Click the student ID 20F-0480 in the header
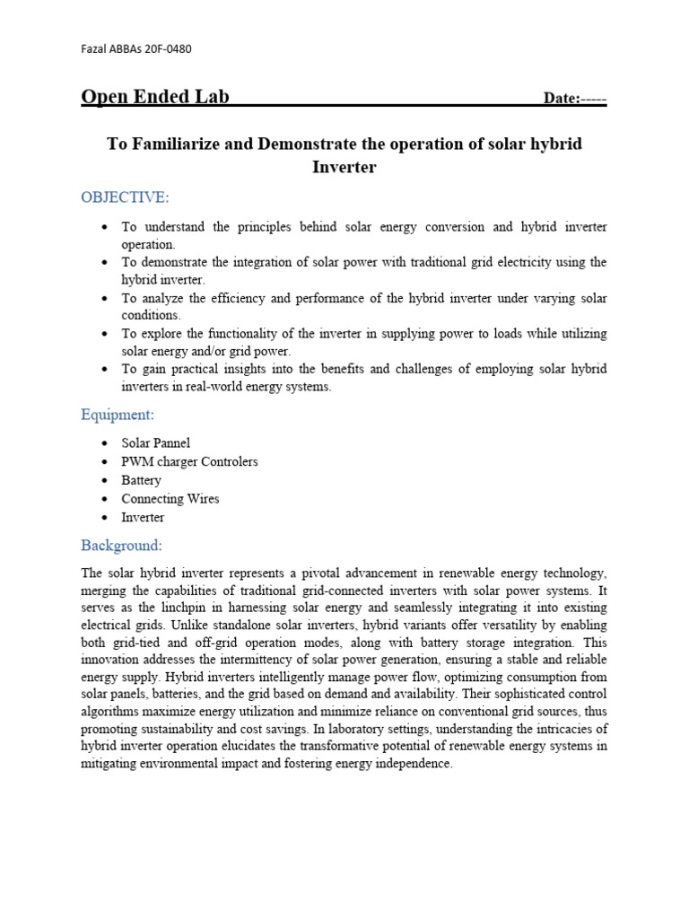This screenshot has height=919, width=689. point(166,48)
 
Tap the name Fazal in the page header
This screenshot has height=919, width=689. point(96,48)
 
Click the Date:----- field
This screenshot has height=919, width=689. point(575,99)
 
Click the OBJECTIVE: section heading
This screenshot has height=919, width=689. point(125,197)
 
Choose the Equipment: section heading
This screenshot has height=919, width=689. point(118,415)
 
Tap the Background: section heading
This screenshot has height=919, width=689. point(122,545)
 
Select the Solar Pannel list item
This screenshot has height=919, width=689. point(156,443)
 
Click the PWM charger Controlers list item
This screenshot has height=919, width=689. point(189,461)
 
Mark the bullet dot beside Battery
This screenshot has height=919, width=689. point(106,481)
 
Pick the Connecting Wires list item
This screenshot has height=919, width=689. point(170,499)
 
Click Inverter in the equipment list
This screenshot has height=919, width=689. point(144,518)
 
